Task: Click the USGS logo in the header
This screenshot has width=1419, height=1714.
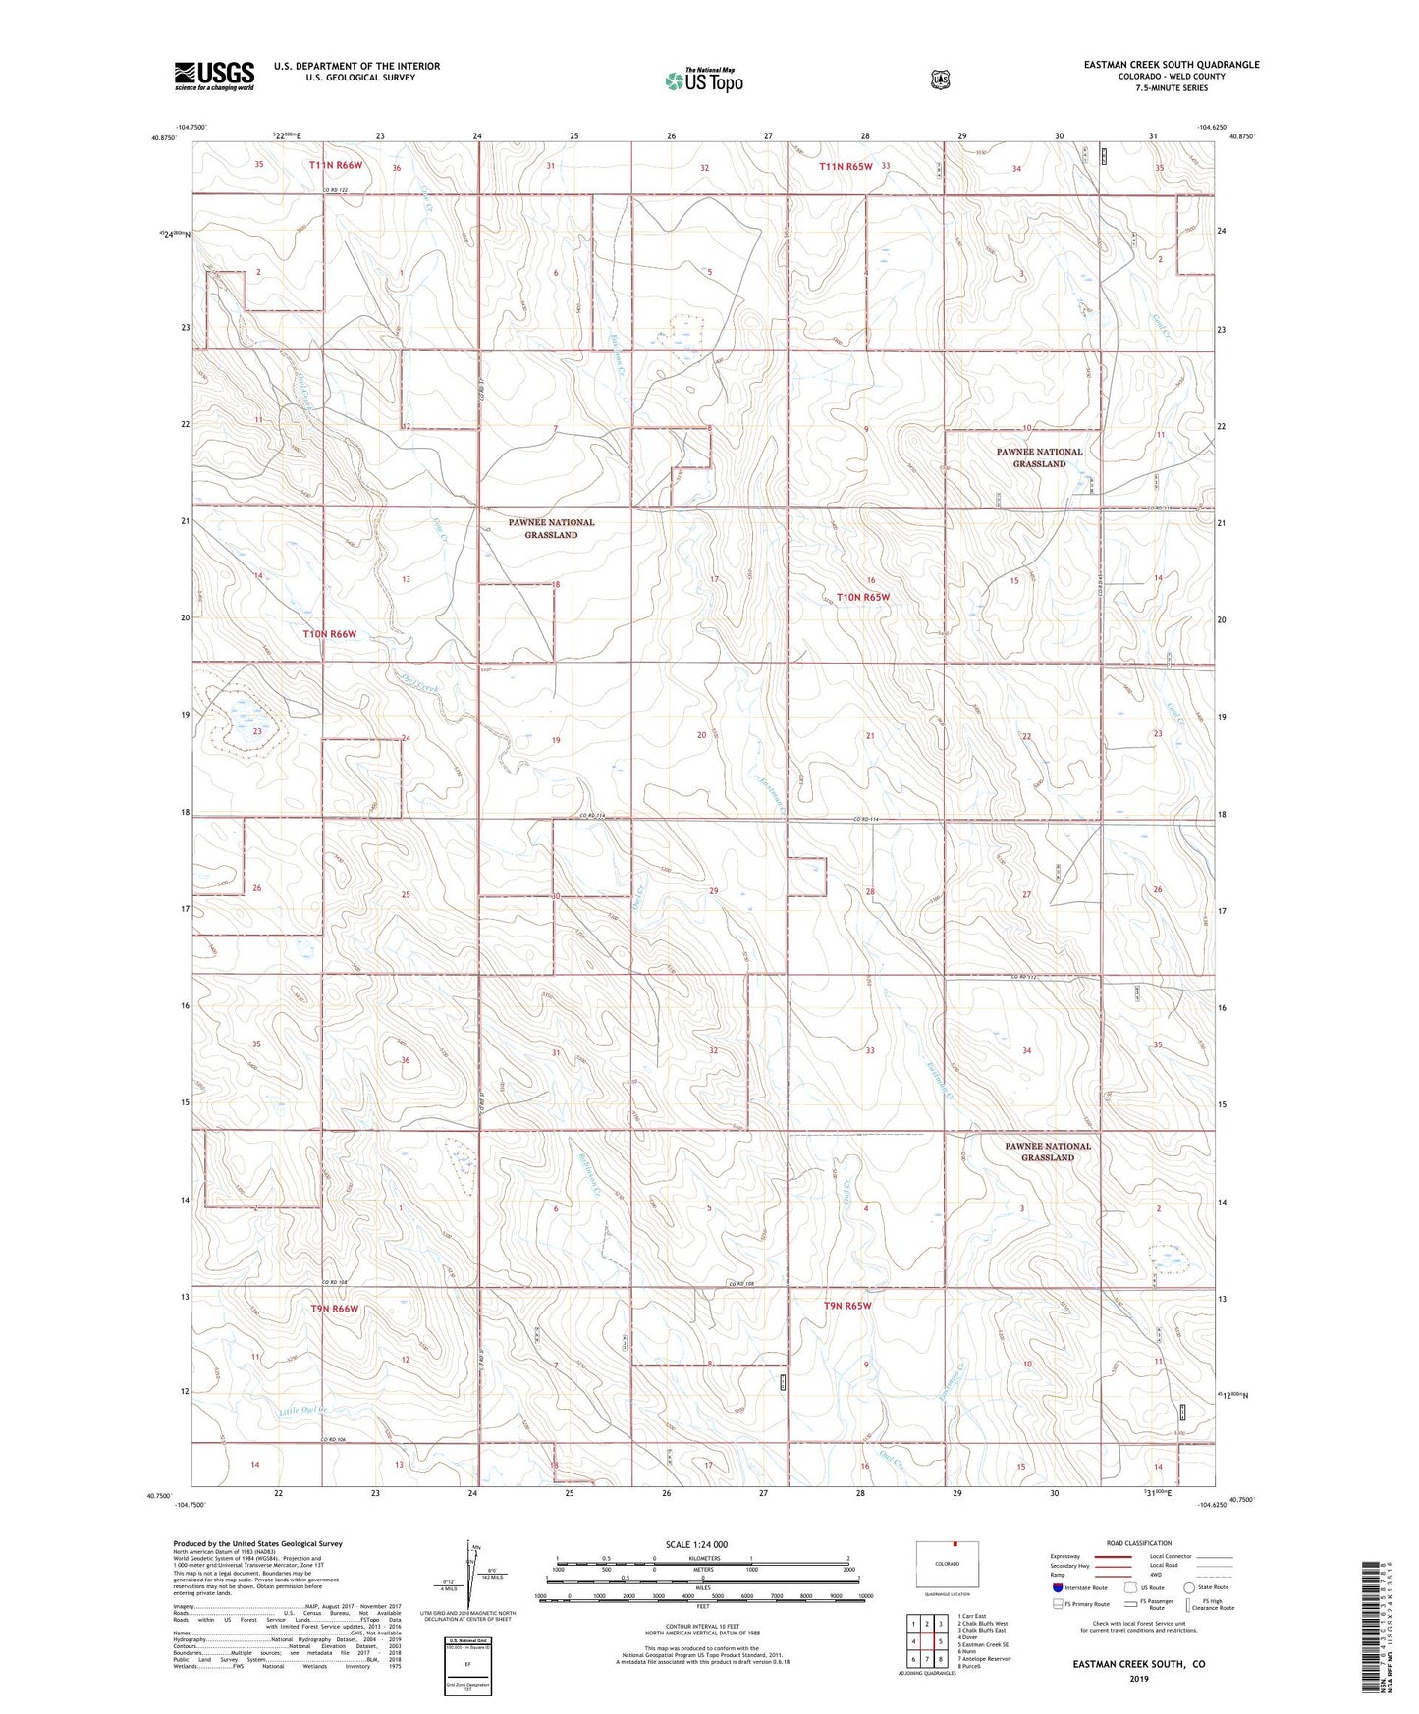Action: [x=214, y=76]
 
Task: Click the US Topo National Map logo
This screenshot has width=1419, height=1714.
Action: [x=703, y=80]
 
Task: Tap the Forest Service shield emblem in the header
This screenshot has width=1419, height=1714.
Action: [x=940, y=80]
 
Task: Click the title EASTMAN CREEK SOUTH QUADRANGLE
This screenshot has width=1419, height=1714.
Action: [x=1171, y=65]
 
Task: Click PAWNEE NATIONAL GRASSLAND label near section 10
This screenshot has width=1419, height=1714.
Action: [x=1039, y=457]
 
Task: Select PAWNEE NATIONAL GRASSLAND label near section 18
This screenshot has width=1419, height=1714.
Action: [x=551, y=528]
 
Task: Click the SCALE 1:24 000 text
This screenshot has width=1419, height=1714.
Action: [x=696, y=1544]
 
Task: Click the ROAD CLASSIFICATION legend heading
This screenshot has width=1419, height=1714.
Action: [x=1138, y=1543]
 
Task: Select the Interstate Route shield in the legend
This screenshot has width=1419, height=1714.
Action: [x=1057, y=1587]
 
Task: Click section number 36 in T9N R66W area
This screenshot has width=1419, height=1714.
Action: [x=405, y=1060]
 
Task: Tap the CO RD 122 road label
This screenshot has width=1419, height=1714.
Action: [x=338, y=191]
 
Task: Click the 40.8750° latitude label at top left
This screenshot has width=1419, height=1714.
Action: [x=164, y=138]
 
